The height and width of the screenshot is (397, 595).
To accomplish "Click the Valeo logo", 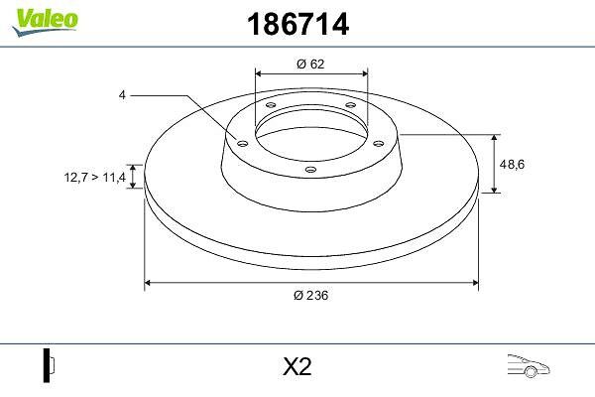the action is tap(45, 22).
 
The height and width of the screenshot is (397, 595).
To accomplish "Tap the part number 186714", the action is tap(297, 24).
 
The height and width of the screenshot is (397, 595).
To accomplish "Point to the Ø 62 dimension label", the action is tap(310, 64).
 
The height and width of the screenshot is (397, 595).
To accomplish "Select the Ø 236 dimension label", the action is tap(310, 295).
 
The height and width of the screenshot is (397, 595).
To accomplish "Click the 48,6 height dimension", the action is tap(512, 164).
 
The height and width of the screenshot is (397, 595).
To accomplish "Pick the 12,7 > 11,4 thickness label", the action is tap(95, 177).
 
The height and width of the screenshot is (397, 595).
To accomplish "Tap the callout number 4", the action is tap(122, 95).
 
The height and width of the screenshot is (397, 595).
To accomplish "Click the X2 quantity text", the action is tap(297, 367).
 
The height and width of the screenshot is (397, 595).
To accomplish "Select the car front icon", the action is tap(529, 365).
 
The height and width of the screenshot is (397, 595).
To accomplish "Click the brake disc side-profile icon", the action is tap(49, 365).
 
